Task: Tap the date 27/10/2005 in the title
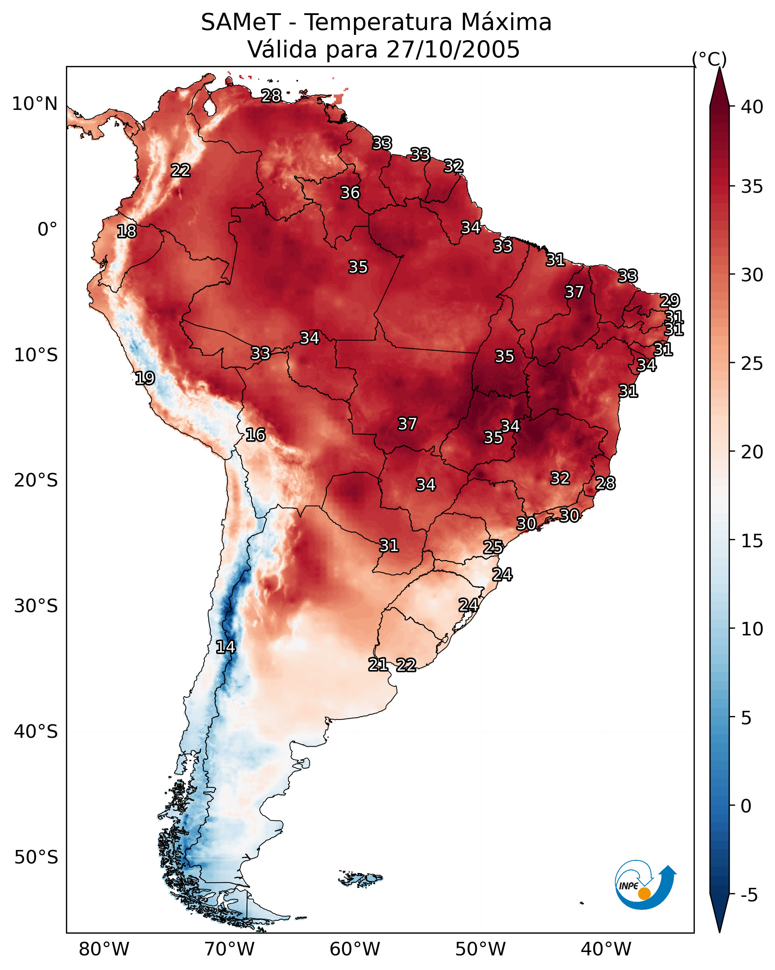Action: [453, 50]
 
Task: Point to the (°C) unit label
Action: [709, 59]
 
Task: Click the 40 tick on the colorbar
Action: [752, 107]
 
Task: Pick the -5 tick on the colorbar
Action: [749, 895]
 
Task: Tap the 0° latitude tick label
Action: [47, 230]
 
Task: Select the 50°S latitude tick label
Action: [36, 857]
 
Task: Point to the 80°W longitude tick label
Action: [104, 949]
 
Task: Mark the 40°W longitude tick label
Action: [606, 949]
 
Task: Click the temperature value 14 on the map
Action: [225, 647]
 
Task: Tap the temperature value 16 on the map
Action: [255, 435]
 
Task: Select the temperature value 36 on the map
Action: [350, 192]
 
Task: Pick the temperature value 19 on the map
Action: [145, 378]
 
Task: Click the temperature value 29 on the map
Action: [669, 300]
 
